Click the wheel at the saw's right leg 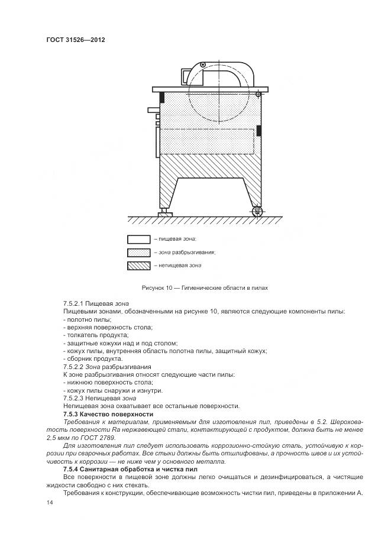click(x=256, y=211)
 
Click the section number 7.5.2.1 click(x=76, y=303)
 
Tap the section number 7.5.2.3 click(x=76, y=398)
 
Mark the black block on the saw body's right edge click(x=258, y=131)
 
